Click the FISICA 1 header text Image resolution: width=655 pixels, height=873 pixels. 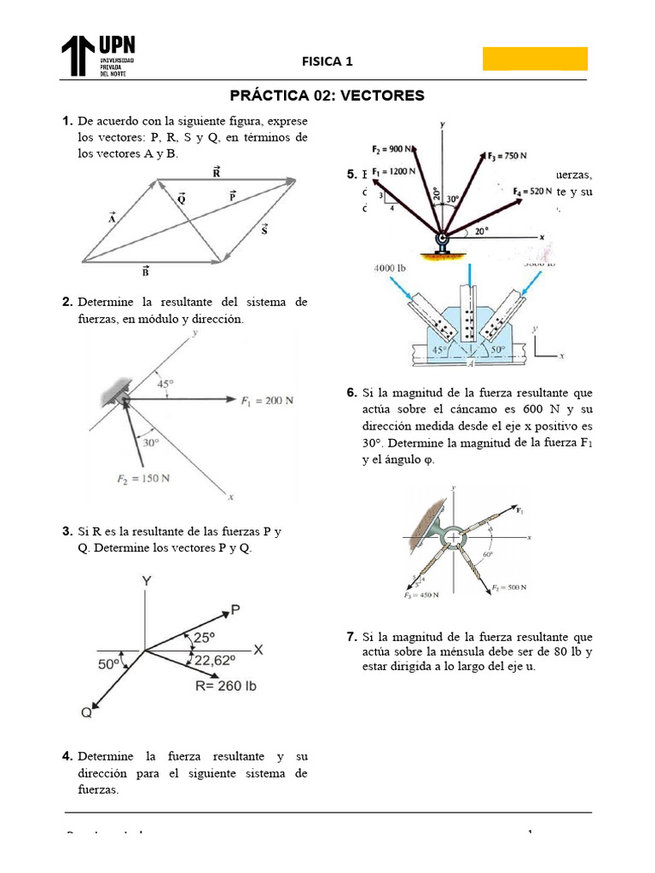pos(327,61)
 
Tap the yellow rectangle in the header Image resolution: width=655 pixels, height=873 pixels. pos(535,58)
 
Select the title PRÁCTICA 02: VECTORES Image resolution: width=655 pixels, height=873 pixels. pos(327,95)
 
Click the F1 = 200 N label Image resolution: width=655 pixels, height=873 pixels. pos(267,399)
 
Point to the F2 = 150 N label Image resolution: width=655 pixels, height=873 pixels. pos(142,478)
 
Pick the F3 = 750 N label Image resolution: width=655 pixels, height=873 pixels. pos(507,156)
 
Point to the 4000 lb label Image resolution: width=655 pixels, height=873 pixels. pos(391,269)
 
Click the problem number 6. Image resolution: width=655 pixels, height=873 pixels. pos(351,393)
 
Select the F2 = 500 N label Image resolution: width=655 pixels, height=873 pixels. pos(509,587)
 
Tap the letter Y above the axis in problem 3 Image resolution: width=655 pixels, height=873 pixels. pos(146,580)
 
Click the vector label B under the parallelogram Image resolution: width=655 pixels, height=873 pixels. pos(146,272)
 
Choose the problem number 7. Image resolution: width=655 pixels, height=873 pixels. pos(351,637)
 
